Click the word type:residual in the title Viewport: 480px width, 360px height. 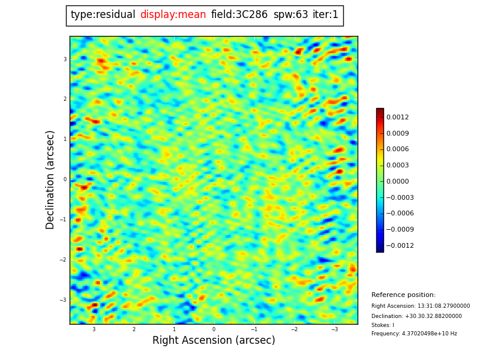[x=103, y=15]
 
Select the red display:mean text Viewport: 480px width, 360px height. [x=173, y=15]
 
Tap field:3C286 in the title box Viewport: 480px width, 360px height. [x=239, y=15]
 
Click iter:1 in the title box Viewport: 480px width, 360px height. [x=325, y=15]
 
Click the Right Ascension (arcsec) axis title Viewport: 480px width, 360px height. [x=214, y=341]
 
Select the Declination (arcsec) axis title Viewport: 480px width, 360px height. [x=51, y=179]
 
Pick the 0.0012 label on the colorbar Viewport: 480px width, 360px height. [x=398, y=118]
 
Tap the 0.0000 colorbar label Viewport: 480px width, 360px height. [x=398, y=182]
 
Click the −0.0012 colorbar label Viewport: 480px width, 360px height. [x=400, y=246]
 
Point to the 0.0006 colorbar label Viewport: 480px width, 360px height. [x=398, y=149]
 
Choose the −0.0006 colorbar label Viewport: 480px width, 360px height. [x=400, y=214]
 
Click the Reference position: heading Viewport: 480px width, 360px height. [x=403, y=295]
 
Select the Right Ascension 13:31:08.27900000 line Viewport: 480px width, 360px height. [x=421, y=306]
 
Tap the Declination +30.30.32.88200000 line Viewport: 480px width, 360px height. [x=416, y=316]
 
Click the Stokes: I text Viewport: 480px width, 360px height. [x=383, y=325]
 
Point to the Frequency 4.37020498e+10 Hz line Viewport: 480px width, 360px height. [x=414, y=334]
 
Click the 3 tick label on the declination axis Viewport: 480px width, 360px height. [x=65, y=59]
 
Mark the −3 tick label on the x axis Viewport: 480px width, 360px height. [x=334, y=329]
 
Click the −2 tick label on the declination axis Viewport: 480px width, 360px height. [x=63, y=260]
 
